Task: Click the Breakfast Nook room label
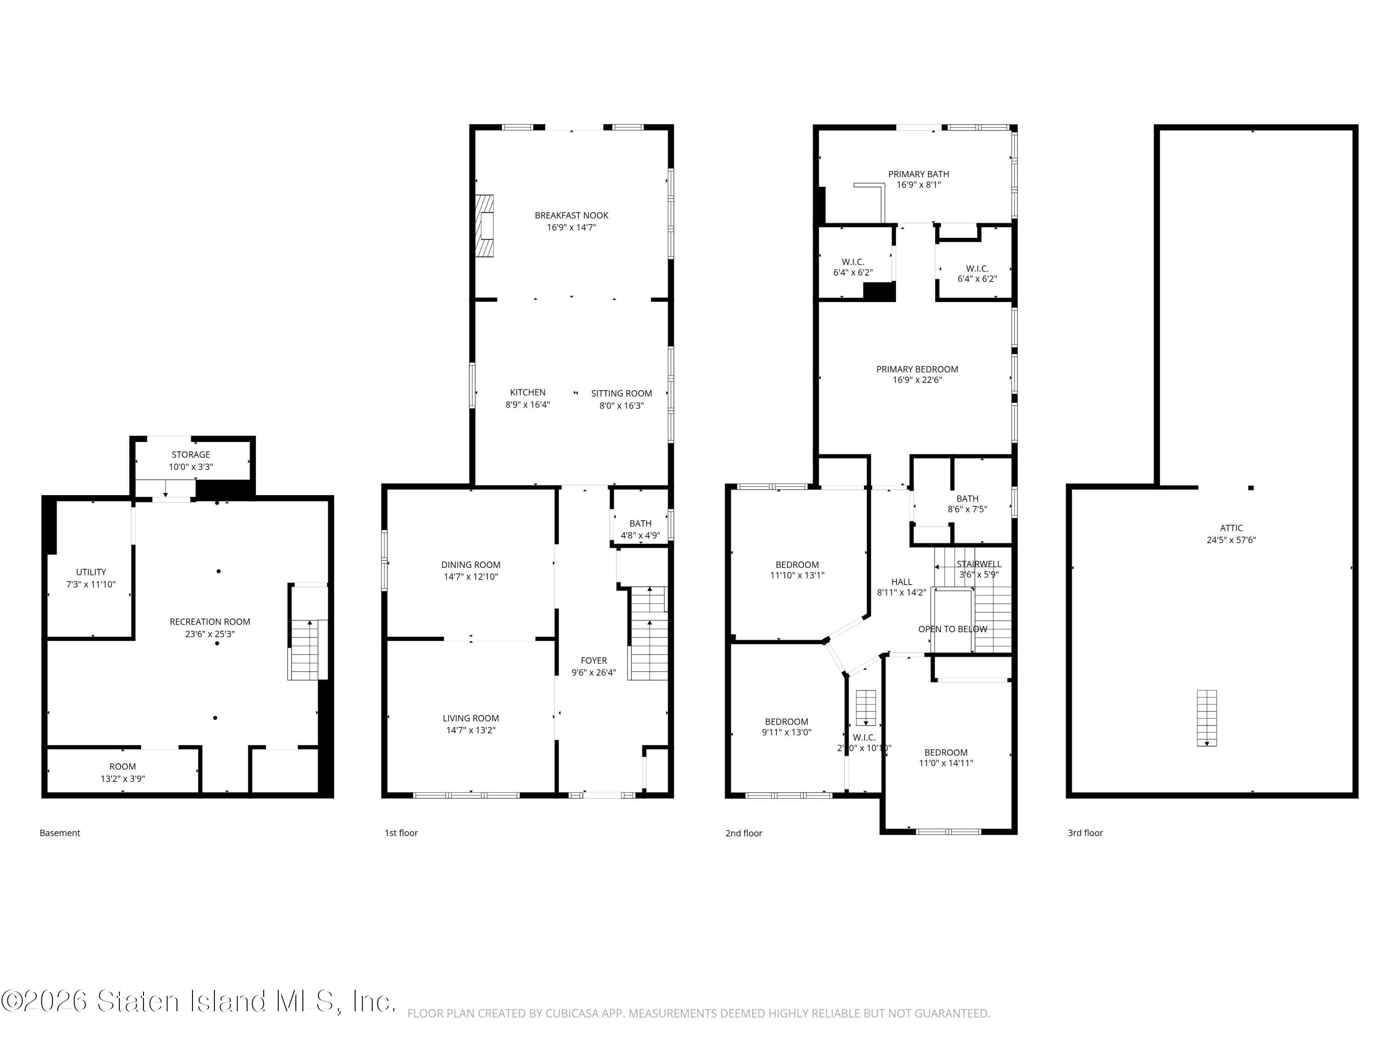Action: click(x=571, y=215)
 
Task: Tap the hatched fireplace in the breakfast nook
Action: click(x=485, y=226)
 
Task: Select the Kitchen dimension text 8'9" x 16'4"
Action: click(x=528, y=405)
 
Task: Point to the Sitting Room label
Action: click(x=621, y=393)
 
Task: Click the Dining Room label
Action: click(x=471, y=565)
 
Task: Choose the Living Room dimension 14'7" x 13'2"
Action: click(x=471, y=730)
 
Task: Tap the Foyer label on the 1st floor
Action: click(x=594, y=660)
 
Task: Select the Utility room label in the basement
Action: click(x=91, y=572)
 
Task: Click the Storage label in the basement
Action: click(x=191, y=455)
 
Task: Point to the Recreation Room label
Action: click(x=210, y=621)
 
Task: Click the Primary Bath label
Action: click(x=918, y=174)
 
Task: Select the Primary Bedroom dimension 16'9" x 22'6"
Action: click(x=917, y=380)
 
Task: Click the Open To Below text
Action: click(x=953, y=629)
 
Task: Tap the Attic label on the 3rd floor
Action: click(x=1231, y=528)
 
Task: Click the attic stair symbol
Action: click(x=1206, y=718)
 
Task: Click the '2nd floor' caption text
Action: click(x=743, y=833)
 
